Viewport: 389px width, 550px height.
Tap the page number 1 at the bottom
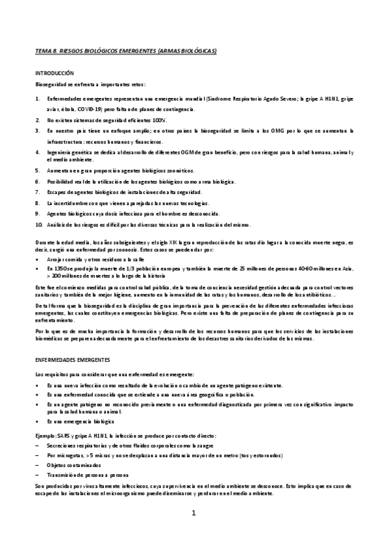click(x=194, y=514)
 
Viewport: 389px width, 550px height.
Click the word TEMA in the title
click(x=42, y=51)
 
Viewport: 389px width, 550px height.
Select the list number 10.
click(x=38, y=225)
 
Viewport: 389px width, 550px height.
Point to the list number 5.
click(x=37, y=171)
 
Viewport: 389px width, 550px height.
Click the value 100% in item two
click(x=160, y=121)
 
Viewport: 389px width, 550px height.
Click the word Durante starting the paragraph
click(x=45, y=239)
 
